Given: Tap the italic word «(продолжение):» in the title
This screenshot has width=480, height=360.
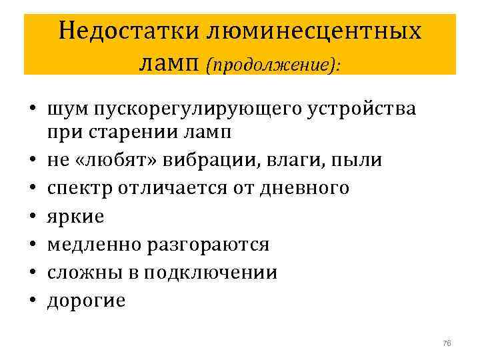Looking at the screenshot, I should tap(269, 65).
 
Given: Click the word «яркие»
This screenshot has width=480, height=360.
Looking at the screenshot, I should tap(76, 217).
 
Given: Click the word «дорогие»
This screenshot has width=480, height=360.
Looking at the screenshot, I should tap(87, 301).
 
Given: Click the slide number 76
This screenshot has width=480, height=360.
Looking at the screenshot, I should tap(446, 343).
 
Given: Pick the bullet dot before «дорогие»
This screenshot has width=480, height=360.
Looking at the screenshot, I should tap(32, 301).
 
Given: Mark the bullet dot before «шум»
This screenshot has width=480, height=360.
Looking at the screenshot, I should tap(32, 109).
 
